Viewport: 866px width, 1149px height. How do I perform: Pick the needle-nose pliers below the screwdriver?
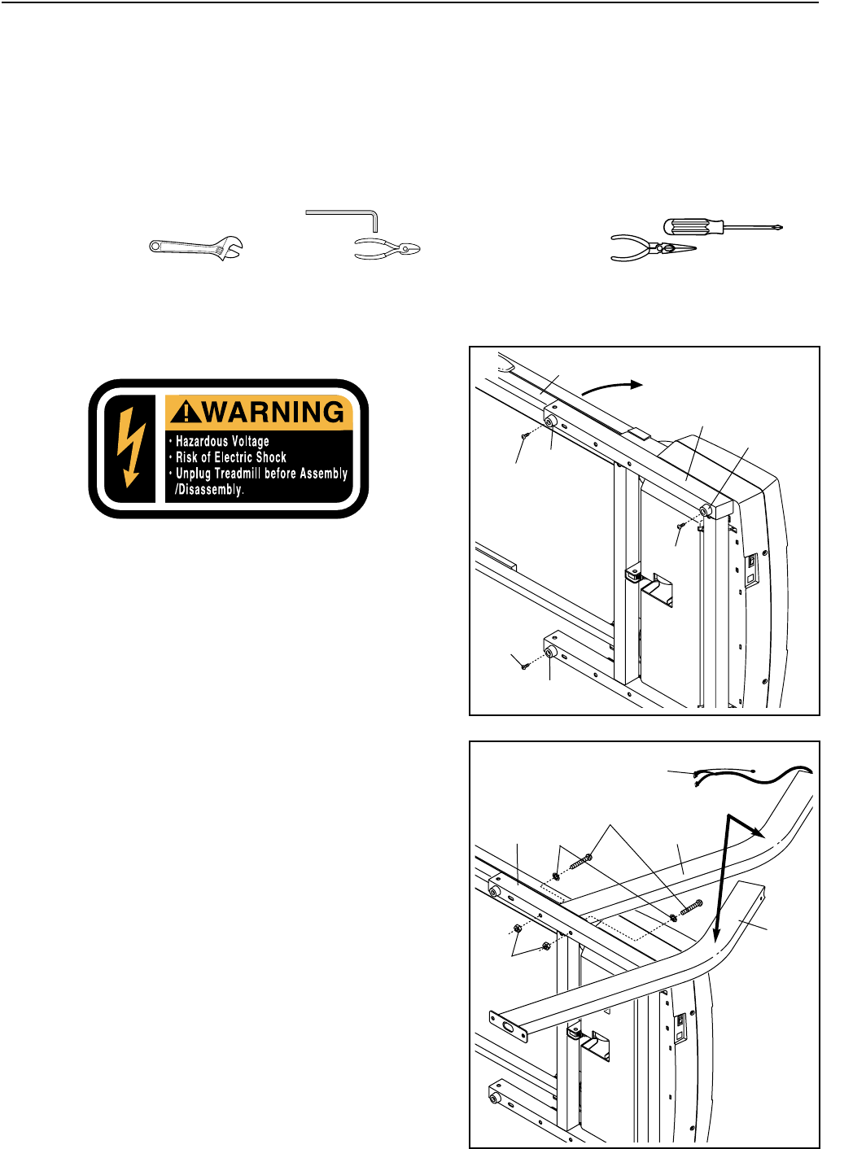(652, 249)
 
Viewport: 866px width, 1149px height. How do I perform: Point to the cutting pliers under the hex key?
(387, 248)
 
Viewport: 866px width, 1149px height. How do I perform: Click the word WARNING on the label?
(273, 412)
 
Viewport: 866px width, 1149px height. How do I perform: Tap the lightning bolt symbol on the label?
(130, 447)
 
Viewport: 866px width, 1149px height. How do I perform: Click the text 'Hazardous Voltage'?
(222, 441)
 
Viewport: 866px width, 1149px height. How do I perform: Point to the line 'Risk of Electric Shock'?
(231, 457)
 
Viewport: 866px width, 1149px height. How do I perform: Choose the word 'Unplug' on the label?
(195, 474)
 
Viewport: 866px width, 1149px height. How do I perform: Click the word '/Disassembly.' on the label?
(209, 490)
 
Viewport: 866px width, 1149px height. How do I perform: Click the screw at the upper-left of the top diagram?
(525, 436)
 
